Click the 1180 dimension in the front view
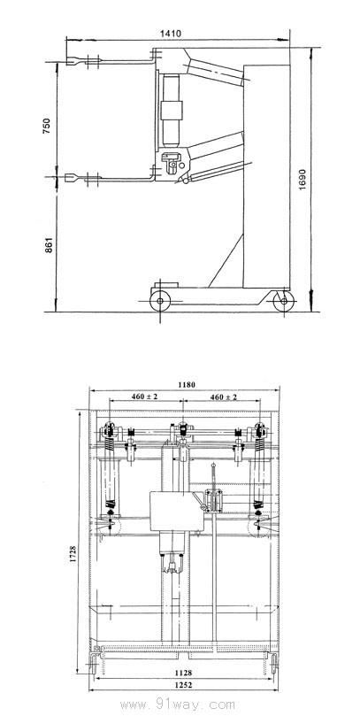184,385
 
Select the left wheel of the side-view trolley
160,301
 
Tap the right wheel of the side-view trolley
283,302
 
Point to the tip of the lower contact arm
73,179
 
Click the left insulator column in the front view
111,473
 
